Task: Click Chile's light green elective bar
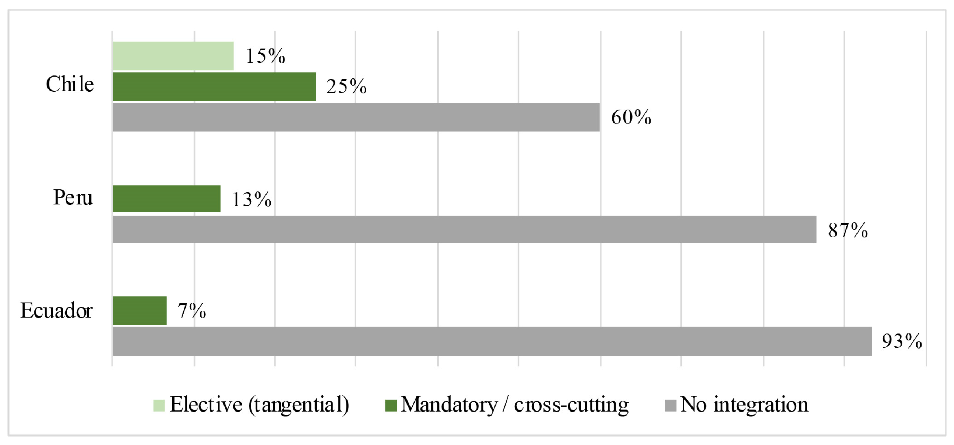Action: [173, 56]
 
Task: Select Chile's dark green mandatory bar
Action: [214, 86]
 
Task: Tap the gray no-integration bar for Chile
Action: [356, 117]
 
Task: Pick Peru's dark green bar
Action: [167, 199]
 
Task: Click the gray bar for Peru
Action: [464, 230]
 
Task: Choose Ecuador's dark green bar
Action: [140, 311]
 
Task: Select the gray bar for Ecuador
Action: [492, 341]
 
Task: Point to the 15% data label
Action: [265, 56]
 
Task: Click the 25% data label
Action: [346, 86]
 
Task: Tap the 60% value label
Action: [631, 117]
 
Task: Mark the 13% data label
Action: [252, 199]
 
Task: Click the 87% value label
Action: [848, 230]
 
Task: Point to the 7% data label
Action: [192, 311]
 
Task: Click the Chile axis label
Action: [70, 84]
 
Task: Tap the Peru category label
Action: [73, 197]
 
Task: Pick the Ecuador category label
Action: [56, 310]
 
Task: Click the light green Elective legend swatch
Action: [159, 405]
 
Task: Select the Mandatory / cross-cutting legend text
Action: [515, 405]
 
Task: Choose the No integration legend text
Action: [744, 404]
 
